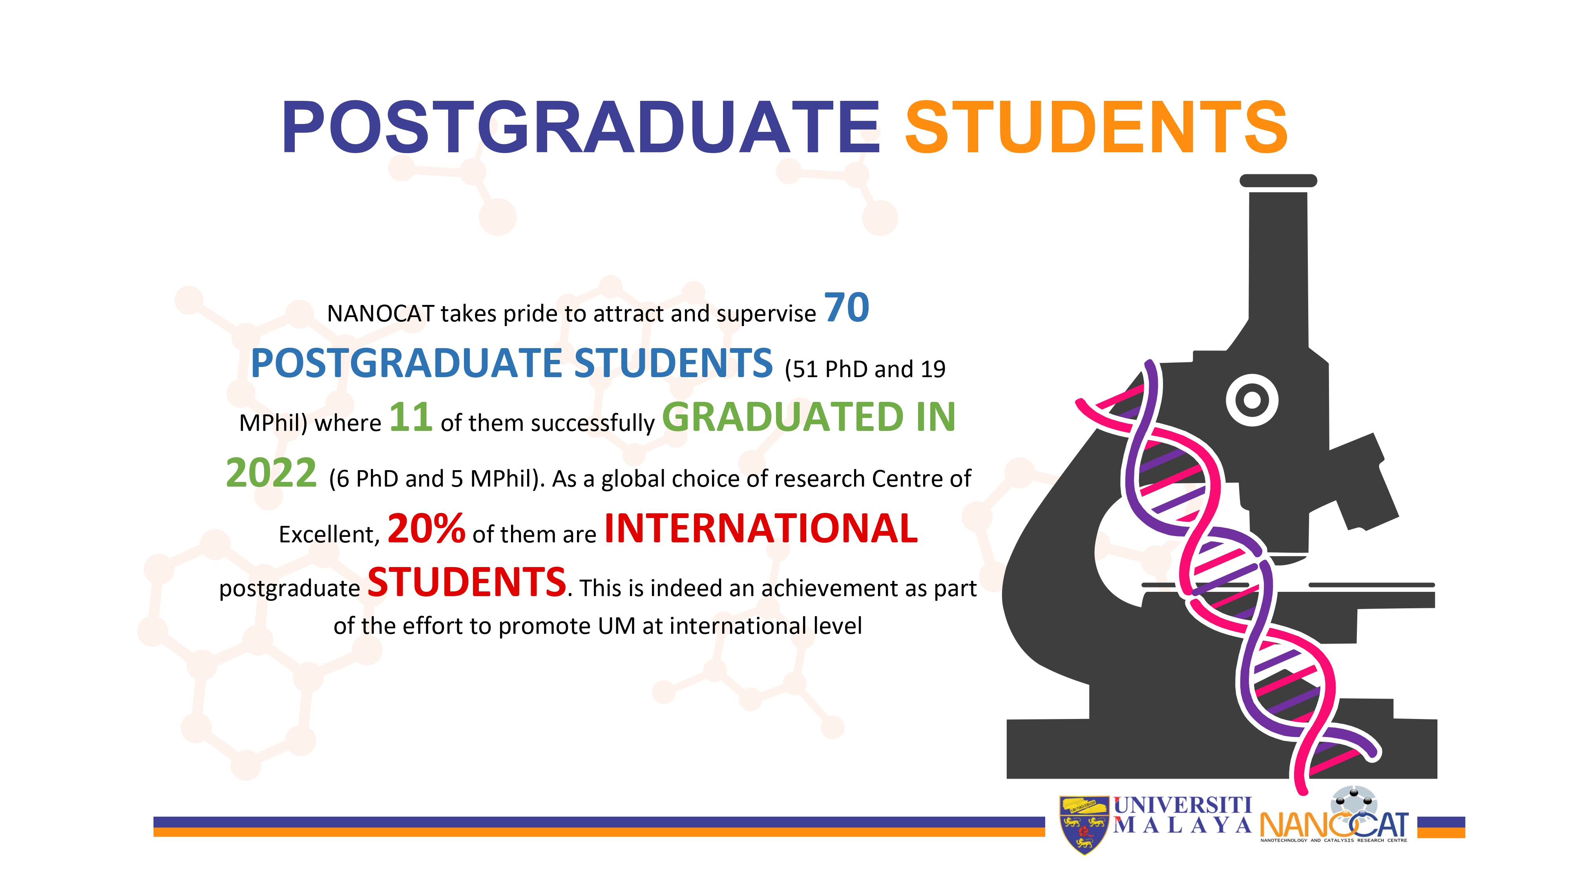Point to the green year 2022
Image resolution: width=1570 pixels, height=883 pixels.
tap(271, 473)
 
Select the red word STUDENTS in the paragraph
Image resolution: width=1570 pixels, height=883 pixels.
tap(467, 582)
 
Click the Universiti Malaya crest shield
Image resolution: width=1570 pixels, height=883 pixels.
tap(1084, 825)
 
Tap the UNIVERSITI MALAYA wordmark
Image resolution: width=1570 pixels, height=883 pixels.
tap(1182, 815)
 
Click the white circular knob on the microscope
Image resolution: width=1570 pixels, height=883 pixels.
tap(1252, 400)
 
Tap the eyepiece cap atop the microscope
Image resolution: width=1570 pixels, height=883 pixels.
tap(1278, 181)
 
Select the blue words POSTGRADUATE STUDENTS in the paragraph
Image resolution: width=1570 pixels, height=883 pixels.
tap(512, 363)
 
